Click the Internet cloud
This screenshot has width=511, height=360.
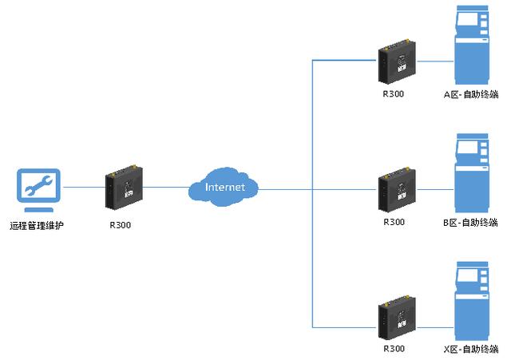click(224, 187)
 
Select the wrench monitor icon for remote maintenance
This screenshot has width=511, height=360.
click(38, 188)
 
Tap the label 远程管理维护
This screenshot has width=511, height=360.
click(37, 226)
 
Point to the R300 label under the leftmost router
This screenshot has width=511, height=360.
click(120, 225)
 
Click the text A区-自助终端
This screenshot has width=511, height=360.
click(471, 93)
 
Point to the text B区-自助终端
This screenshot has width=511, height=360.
click(471, 222)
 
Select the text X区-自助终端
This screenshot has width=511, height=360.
click(471, 349)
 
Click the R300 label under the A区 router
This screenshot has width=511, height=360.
click(394, 93)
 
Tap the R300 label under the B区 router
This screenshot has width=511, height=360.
click(394, 222)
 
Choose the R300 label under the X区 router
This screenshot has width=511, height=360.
click(394, 349)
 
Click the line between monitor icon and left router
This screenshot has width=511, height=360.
click(81, 188)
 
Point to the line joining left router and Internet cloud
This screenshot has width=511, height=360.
click(165, 188)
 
